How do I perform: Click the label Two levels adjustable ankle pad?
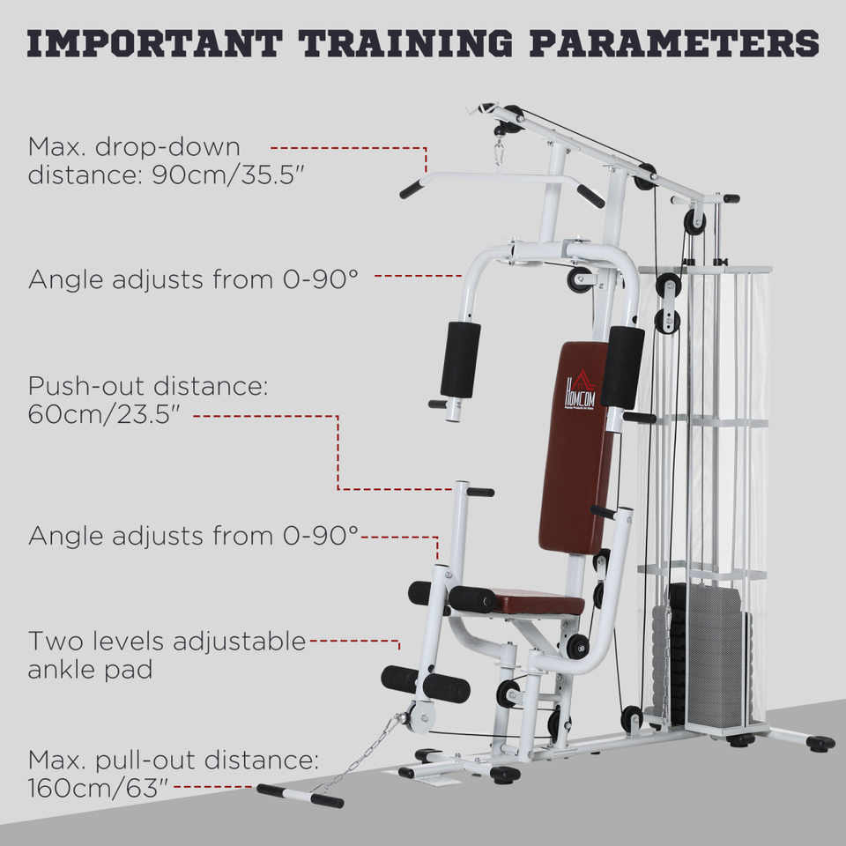(x=167, y=655)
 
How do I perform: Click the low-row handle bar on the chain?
(x=300, y=796)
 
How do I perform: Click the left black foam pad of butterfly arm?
(x=460, y=359)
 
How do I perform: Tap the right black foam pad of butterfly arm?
(x=623, y=366)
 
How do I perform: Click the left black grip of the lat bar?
(x=412, y=189)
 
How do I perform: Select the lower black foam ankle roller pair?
(x=426, y=684)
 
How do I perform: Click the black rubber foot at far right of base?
(x=820, y=743)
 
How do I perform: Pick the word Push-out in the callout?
(x=83, y=386)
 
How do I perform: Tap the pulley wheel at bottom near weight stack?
(x=631, y=718)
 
